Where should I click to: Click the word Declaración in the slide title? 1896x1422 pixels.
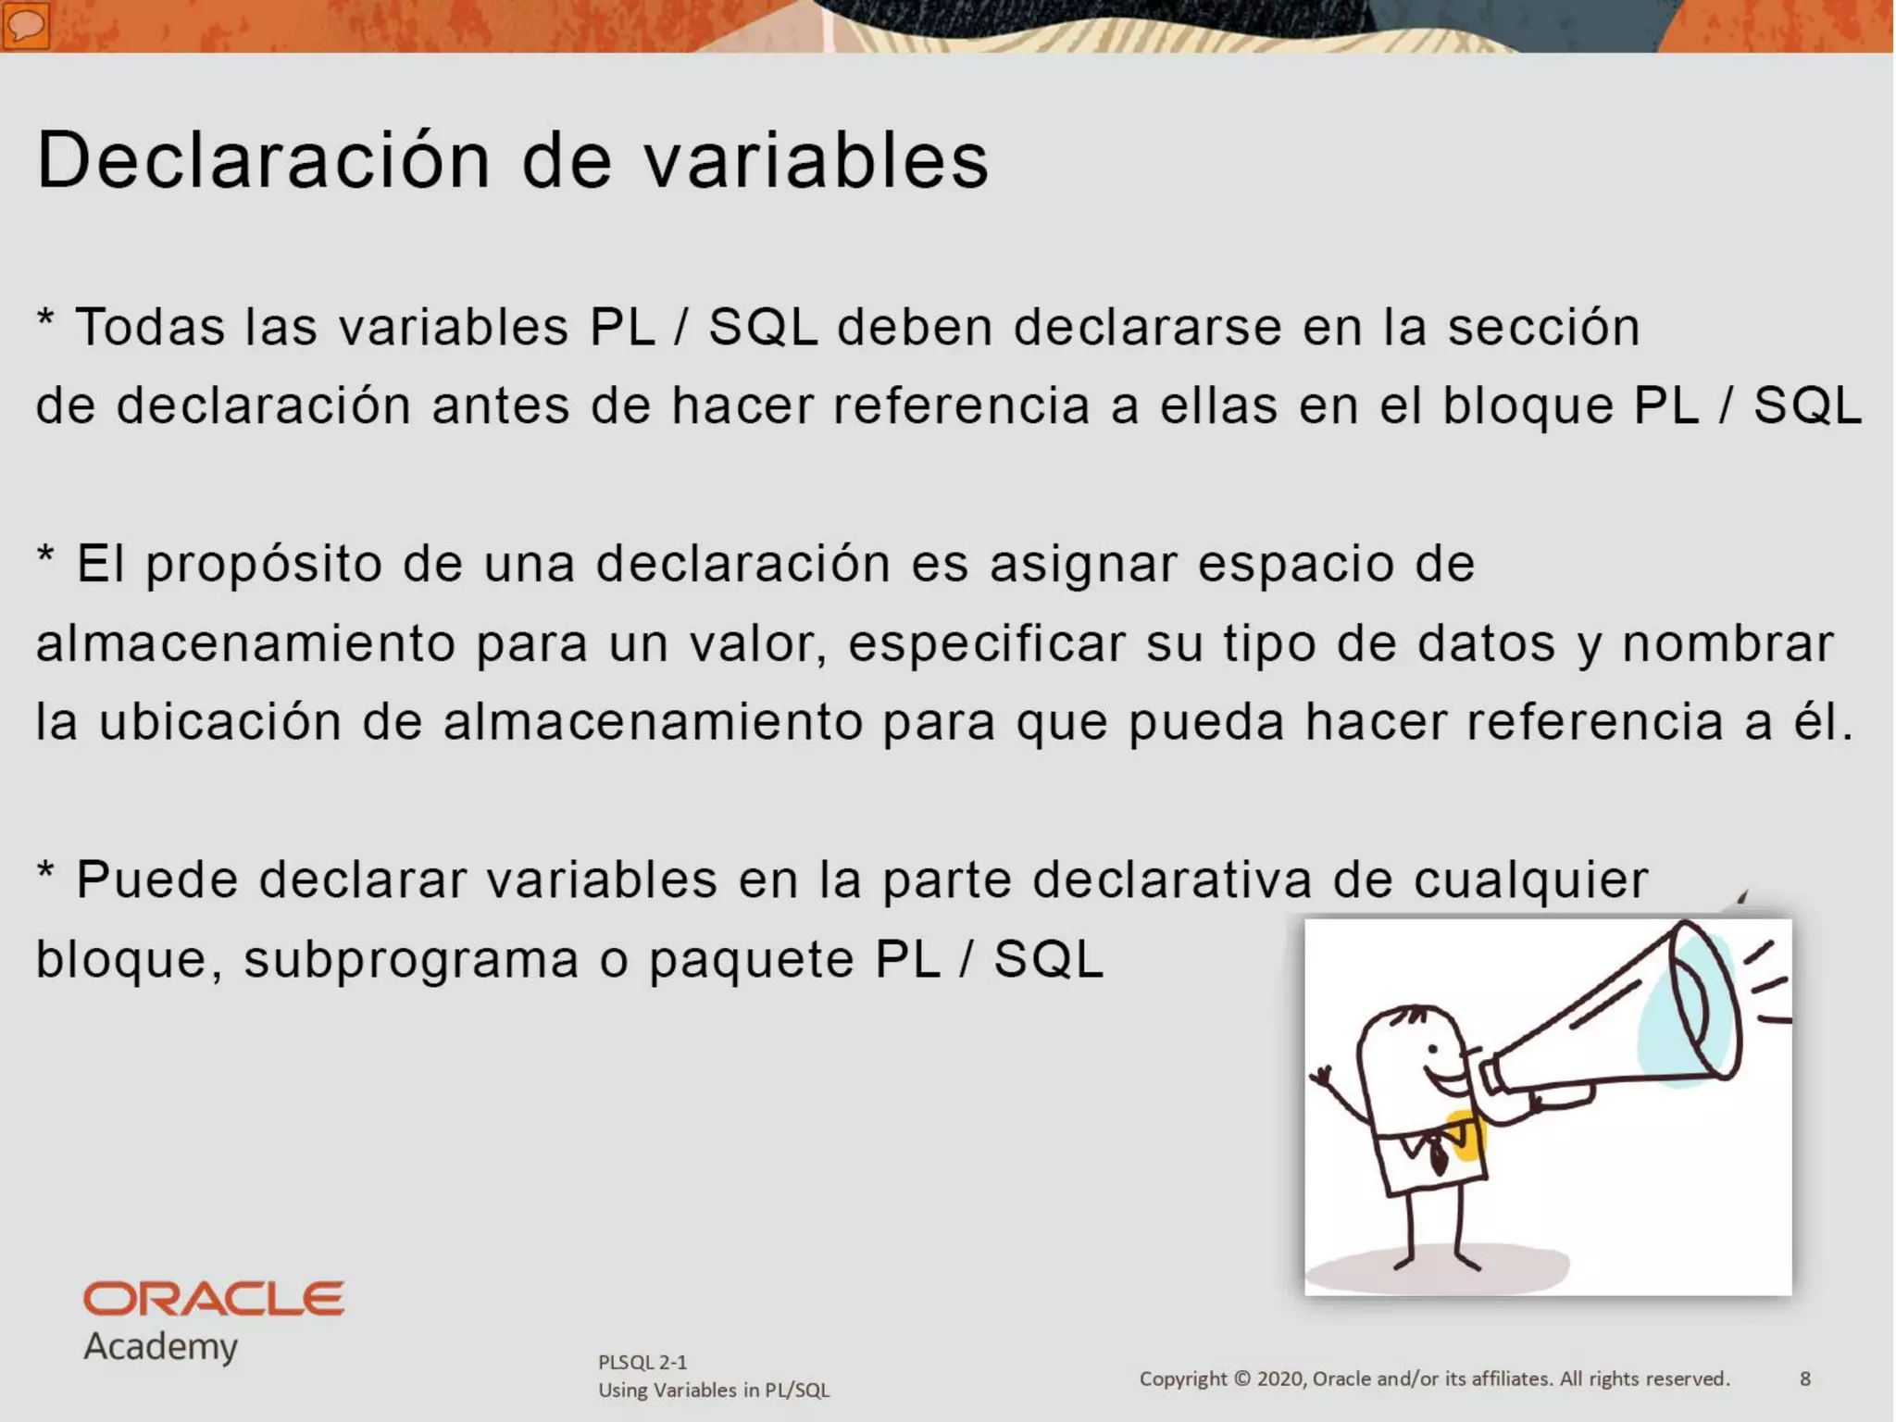[263, 160]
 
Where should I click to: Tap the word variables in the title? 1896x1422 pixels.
[817, 160]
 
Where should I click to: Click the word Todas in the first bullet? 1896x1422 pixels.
[150, 327]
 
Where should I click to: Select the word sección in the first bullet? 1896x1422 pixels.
[1543, 327]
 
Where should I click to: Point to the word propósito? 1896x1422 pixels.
[264, 565]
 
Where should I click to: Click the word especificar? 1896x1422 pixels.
[987, 643]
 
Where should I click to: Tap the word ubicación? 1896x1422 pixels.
[220, 722]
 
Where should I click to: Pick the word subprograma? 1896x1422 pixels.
[411, 959]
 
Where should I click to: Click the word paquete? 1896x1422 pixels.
[751, 959]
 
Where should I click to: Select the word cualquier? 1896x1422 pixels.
[1530, 879]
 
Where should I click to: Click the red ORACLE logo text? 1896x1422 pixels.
[214, 1299]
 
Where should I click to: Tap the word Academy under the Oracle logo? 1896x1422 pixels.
[161, 1346]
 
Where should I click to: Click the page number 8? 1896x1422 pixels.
[1804, 1378]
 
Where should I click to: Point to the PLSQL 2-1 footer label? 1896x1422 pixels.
[642, 1362]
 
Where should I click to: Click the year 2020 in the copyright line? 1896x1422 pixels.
[1280, 1378]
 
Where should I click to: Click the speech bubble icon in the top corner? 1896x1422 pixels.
[26, 25]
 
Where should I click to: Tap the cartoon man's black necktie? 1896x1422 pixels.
[1438, 1156]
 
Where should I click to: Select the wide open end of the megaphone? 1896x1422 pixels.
[1704, 1000]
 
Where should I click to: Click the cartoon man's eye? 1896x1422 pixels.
[1434, 1050]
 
